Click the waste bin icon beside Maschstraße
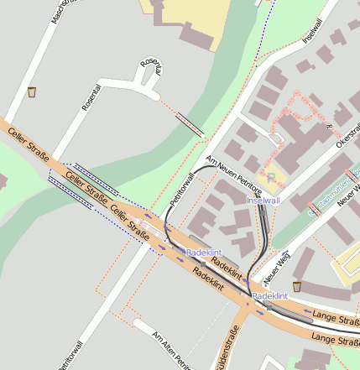click(32, 91)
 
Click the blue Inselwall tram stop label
click(263, 201)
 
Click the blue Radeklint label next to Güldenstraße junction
click(270, 296)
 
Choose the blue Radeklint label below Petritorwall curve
click(203, 252)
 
